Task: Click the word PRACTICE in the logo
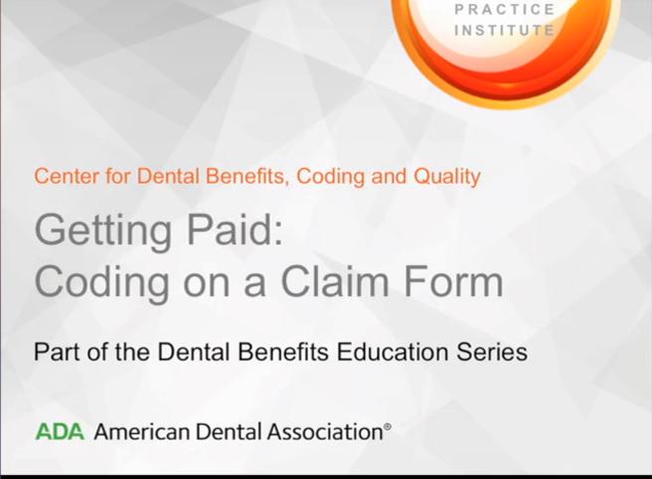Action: point(505,10)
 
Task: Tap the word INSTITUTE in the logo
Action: point(505,31)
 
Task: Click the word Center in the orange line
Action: point(68,176)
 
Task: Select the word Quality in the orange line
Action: point(447,177)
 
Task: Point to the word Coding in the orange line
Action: point(331,177)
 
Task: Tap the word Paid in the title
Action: point(230,230)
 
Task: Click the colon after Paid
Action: point(278,235)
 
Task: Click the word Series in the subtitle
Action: point(492,352)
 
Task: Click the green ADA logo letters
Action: point(60,431)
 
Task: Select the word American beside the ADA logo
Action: point(141,431)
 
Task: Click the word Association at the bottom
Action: point(325,431)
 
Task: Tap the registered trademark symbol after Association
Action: point(388,426)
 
